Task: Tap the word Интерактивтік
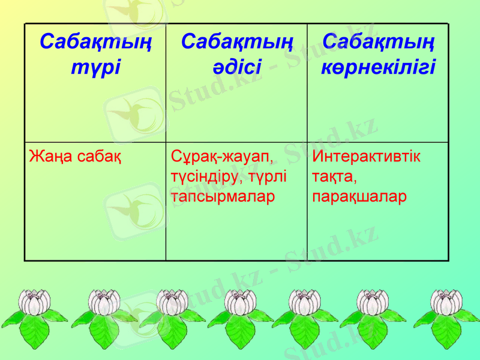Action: tap(367, 157)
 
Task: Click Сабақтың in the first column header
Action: tap(95, 43)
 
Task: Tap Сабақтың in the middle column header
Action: tap(236, 43)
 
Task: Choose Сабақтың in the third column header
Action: tap(379, 43)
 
